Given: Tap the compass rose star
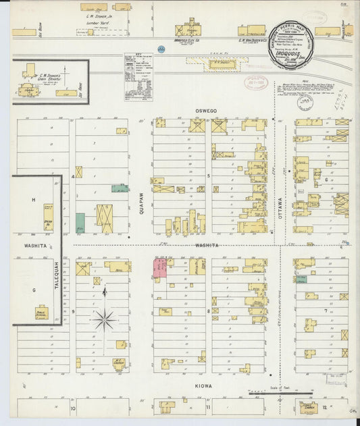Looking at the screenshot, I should pos(104,319).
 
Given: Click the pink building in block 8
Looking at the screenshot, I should pos(161,268).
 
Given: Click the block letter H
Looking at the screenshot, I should pos(32,201).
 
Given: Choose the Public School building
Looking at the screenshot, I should pos(42,313).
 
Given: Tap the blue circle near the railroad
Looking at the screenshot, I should pos(161,49).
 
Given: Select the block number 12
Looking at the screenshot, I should pos(326,408).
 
